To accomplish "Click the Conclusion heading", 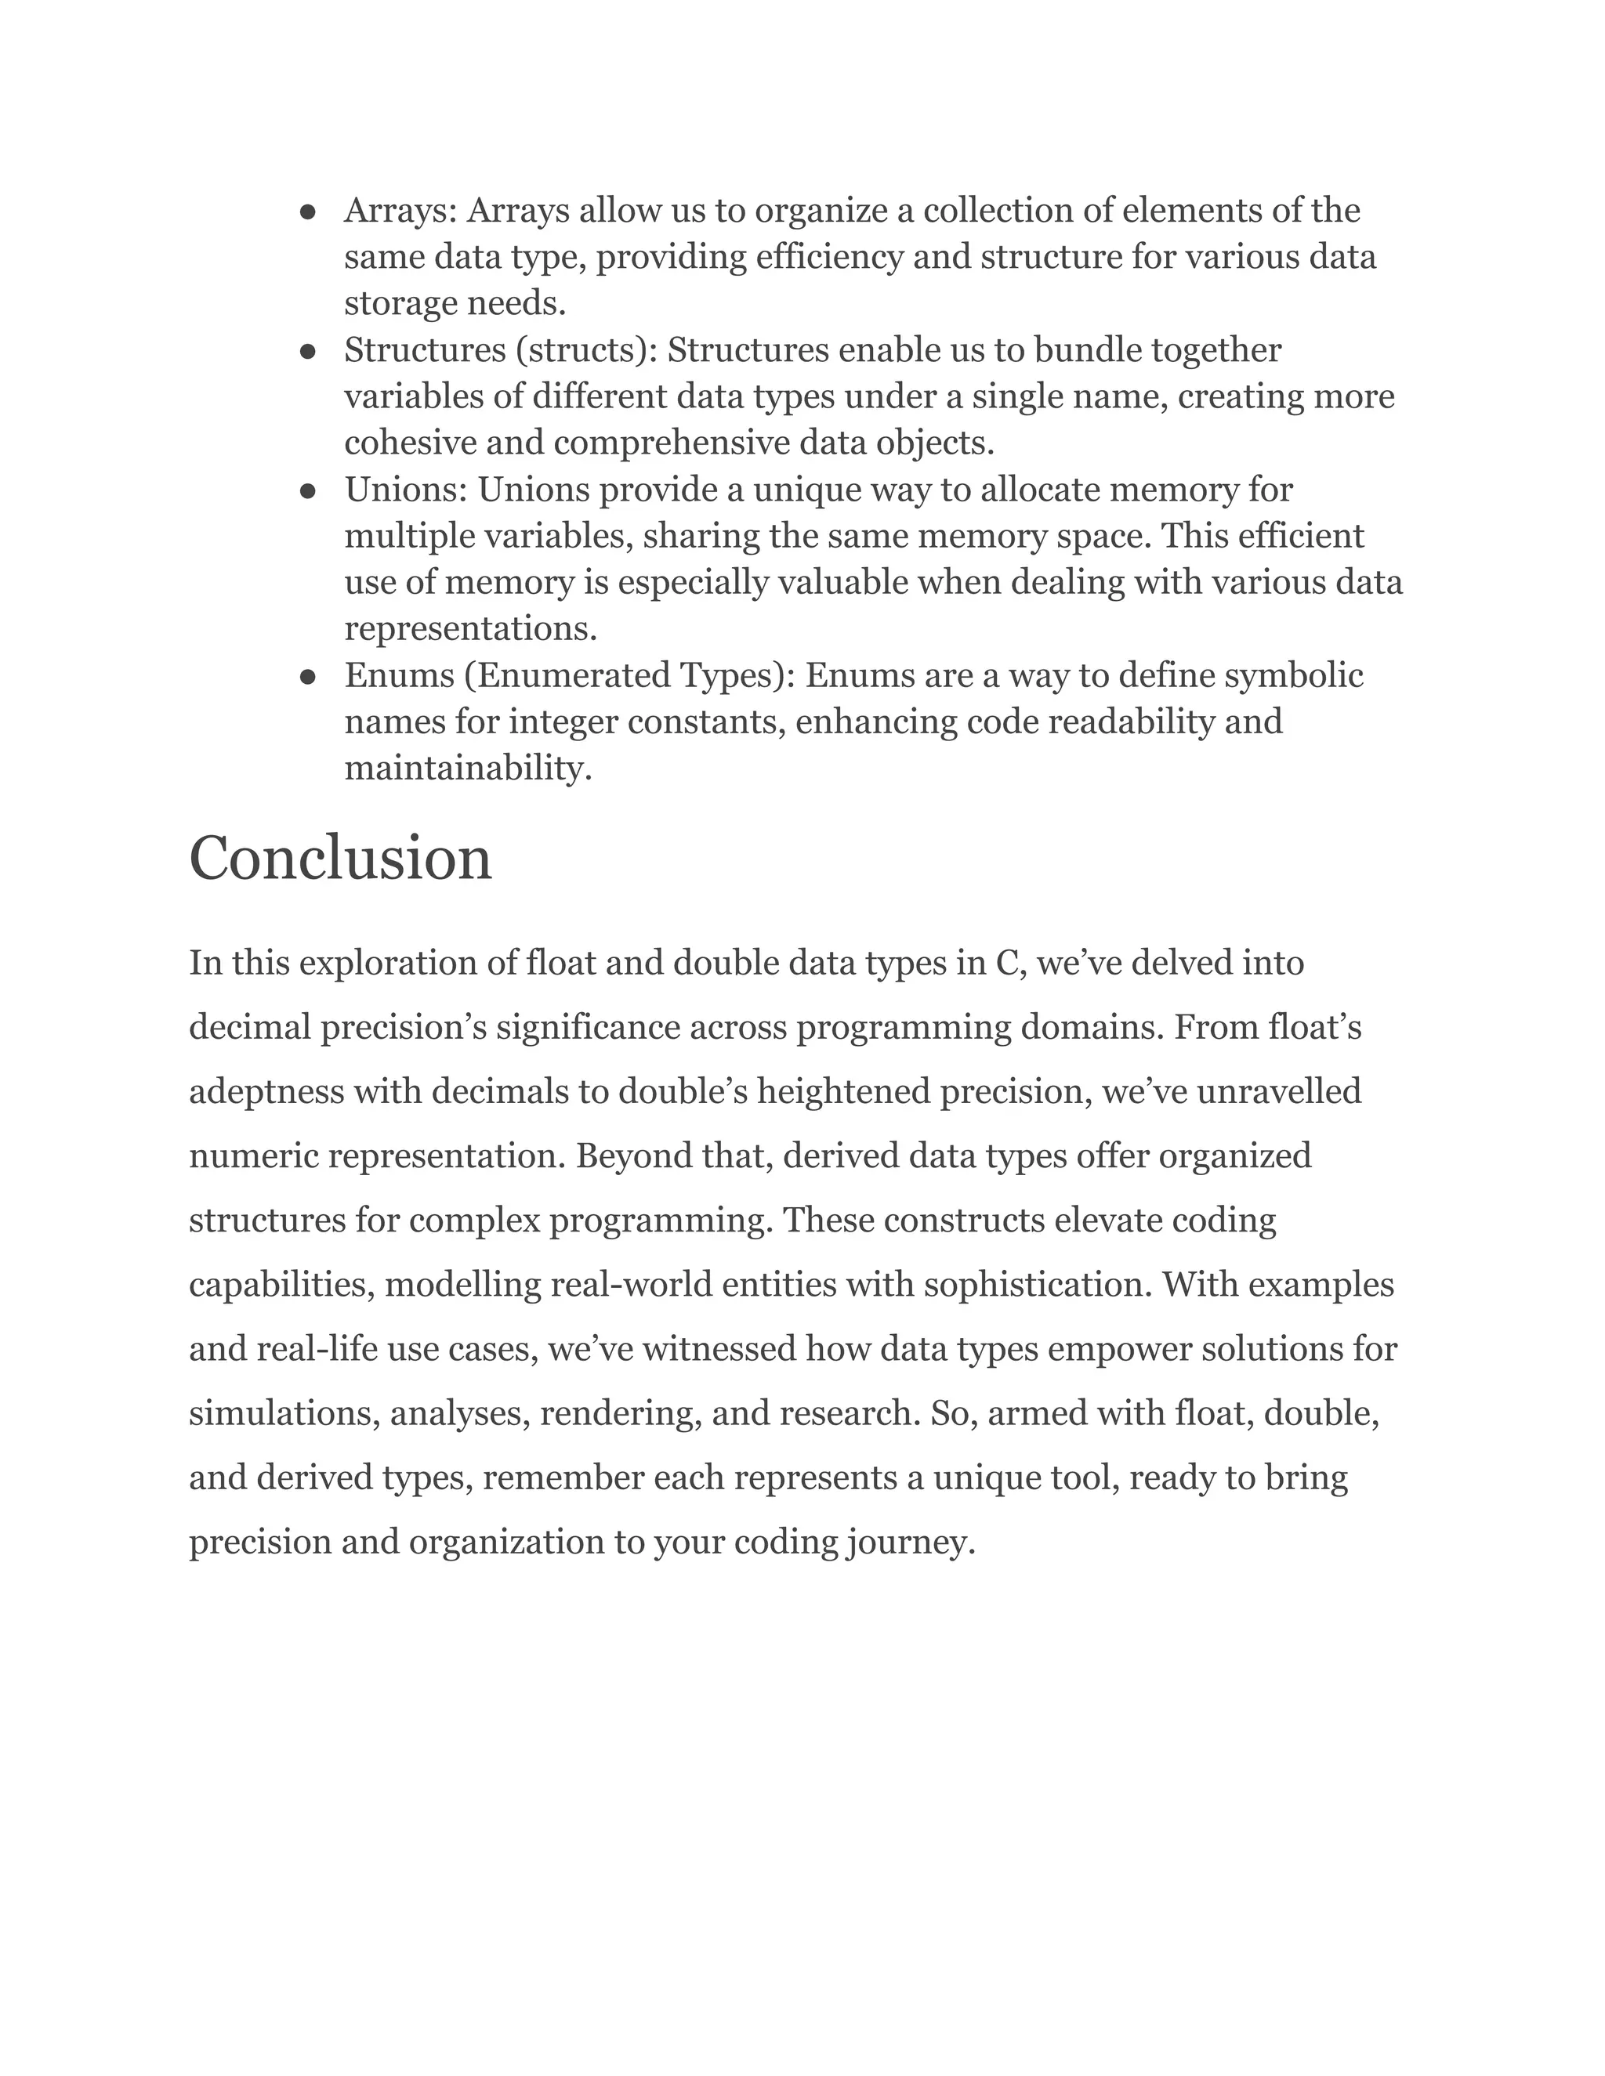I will (x=340, y=859).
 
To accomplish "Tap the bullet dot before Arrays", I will (x=307, y=212).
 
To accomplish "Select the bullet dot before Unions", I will (x=307, y=491).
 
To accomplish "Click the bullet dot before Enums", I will (x=307, y=678).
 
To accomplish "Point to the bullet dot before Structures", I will (x=307, y=352).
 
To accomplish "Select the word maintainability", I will (x=468, y=768).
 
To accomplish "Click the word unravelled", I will (x=1279, y=1091).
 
